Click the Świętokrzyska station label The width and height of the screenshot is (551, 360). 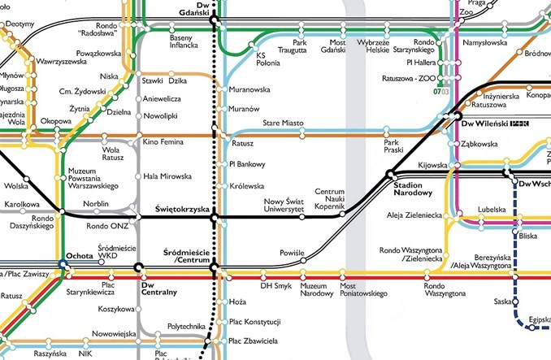point(181,209)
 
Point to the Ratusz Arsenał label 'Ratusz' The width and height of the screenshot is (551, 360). point(242,143)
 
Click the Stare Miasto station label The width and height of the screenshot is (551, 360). point(283,123)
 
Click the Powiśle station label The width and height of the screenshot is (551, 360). point(290,252)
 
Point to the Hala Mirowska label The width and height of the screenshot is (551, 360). point(167,176)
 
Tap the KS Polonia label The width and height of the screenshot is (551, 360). point(267,60)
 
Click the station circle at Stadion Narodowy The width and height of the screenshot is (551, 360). point(390,173)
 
